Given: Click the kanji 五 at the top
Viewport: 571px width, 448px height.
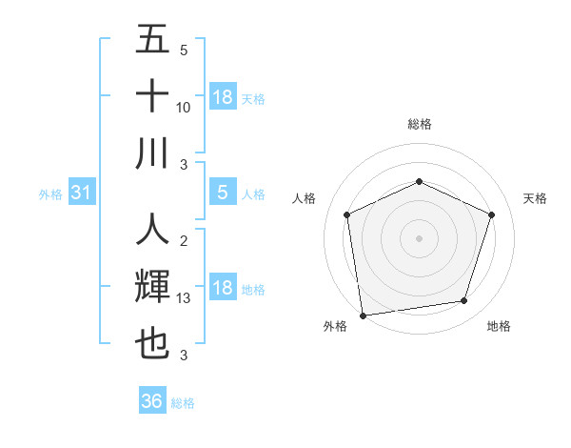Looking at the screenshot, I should click(152, 40).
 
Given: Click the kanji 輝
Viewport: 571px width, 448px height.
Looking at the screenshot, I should click(152, 287).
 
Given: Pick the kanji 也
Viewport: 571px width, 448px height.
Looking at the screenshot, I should click(152, 343).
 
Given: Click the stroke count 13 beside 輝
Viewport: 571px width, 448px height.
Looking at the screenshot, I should click(184, 298).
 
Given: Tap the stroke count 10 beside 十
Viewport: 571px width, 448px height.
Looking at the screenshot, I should click(184, 108).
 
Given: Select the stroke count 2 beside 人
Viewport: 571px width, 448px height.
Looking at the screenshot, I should click(184, 242).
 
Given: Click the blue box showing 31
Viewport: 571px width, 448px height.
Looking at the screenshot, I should click(81, 193).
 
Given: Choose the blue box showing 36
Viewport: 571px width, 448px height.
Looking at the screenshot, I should click(151, 401).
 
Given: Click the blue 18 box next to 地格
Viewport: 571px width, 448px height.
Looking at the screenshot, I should click(222, 289).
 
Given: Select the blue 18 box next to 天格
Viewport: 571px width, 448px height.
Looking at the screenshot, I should click(222, 97).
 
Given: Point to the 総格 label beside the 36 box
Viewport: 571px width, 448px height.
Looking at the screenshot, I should click(183, 403).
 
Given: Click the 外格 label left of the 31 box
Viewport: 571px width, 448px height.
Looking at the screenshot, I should click(50, 194).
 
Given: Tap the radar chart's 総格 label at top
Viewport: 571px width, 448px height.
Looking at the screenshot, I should click(419, 124).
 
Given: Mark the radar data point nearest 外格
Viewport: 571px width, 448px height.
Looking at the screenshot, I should click(363, 315).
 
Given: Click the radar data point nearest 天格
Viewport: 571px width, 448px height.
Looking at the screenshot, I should click(492, 214).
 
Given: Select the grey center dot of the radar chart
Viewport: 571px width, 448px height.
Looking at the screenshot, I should click(419, 237).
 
